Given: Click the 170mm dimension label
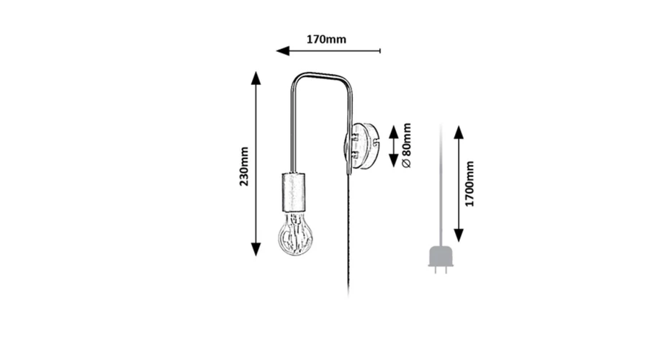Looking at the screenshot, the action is [x=326, y=40].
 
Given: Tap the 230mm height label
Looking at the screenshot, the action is [x=244, y=166].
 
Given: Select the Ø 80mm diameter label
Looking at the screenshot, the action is [x=407, y=145].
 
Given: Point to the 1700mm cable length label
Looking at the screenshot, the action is [x=469, y=184].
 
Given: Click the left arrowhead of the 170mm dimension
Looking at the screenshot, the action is [x=283, y=51].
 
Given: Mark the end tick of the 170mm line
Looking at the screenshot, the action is [x=379, y=51].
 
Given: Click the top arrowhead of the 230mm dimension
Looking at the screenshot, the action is [x=256, y=78].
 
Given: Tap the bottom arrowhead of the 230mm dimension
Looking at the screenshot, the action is [x=256, y=249].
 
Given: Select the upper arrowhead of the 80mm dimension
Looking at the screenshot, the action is [x=393, y=132].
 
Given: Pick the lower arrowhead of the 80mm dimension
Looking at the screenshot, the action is [x=393, y=161].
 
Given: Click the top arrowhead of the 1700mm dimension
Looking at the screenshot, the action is [x=459, y=132].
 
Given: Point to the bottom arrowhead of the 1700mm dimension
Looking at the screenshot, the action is [x=459, y=235].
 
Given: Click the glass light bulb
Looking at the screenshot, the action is [x=295, y=233].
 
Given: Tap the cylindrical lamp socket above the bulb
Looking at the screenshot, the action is [x=294, y=192].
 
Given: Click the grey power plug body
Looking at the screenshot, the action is [x=441, y=256].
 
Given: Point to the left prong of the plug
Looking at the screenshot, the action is [x=436, y=270].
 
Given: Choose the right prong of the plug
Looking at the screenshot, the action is [x=446, y=270].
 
